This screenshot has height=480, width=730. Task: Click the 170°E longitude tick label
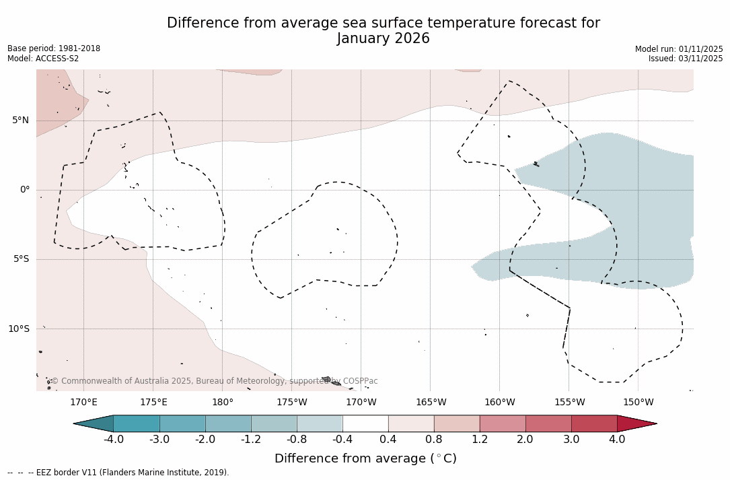[x=83, y=403]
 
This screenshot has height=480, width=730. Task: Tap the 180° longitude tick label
[x=222, y=403]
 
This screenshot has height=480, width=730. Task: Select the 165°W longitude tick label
[x=431, y=403]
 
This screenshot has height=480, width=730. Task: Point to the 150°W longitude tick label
[x=638, y=403]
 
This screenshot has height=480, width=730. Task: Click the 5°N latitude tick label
[x=20, y=121]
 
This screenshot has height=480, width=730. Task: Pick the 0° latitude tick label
[x=24, y=190]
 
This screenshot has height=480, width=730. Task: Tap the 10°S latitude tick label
[x=18, y=329]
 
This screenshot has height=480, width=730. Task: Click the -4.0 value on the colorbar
[x=114, y=440]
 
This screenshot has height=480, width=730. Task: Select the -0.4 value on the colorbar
[x=342, y=440]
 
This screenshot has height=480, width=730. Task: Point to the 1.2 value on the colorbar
[x=480, y=440]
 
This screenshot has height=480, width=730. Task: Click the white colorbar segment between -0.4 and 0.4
[x=365, y=423]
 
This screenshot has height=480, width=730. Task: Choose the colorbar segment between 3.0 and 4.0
[x=594, y=423]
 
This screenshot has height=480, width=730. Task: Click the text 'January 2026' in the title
[x=383, y=39]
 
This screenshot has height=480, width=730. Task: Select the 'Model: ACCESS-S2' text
[x=43, y=59]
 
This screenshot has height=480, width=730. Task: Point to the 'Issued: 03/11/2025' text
[x=686, y=59]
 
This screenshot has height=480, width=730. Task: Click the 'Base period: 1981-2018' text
[x=54, y=48]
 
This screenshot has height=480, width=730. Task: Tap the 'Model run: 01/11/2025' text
[x=679, y=49]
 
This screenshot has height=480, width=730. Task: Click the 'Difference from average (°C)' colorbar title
[x=365, y=459]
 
